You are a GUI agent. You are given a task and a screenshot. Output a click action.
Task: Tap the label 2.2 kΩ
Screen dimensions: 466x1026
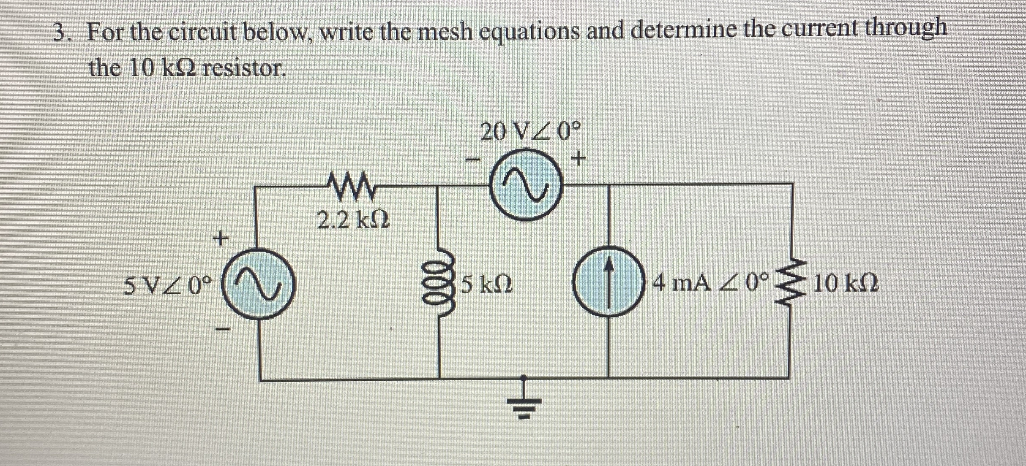pos(353,220)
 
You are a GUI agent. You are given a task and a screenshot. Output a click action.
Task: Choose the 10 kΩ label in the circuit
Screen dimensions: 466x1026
pos(846,284)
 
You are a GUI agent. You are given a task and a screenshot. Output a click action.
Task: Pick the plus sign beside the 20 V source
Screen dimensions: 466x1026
pos(578,160)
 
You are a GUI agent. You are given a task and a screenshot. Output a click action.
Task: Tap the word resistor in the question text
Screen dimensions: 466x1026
pos(243,68)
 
